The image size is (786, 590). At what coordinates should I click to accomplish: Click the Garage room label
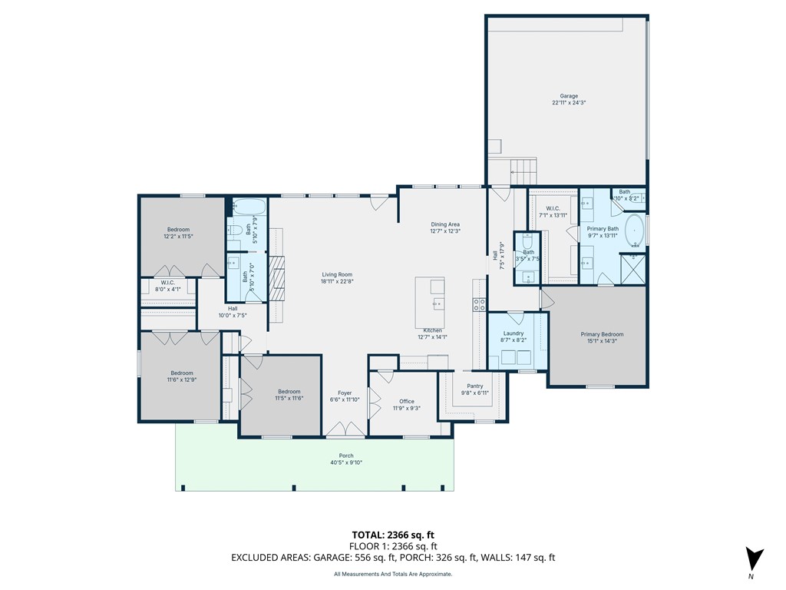(568, 96)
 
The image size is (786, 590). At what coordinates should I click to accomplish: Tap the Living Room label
(336, 274)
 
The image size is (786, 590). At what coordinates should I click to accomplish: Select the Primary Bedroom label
(602, 334)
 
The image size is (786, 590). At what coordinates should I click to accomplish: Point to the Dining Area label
(445, 224)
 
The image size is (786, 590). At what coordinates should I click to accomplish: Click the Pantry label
(474, 386)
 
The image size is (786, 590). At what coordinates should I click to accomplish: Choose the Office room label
(406, 401)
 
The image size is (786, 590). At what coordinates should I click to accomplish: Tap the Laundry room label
(513, 333)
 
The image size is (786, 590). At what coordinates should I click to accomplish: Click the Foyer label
(345, 393)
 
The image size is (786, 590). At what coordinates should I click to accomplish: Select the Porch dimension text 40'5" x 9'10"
(345, 462)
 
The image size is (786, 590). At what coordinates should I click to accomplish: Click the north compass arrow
(755, 559)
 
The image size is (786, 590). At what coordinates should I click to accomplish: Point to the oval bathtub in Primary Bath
(635, 230)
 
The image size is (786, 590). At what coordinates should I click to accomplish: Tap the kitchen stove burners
(480, 303)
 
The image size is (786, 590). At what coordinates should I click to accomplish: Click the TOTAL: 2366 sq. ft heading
(392, 535)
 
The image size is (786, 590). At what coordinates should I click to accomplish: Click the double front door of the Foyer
(345, 429)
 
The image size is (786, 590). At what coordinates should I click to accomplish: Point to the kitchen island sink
(437, 304)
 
